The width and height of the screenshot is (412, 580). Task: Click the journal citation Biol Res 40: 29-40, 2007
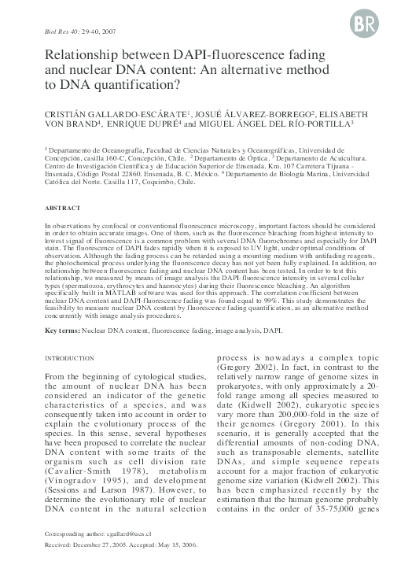coord(70,32)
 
